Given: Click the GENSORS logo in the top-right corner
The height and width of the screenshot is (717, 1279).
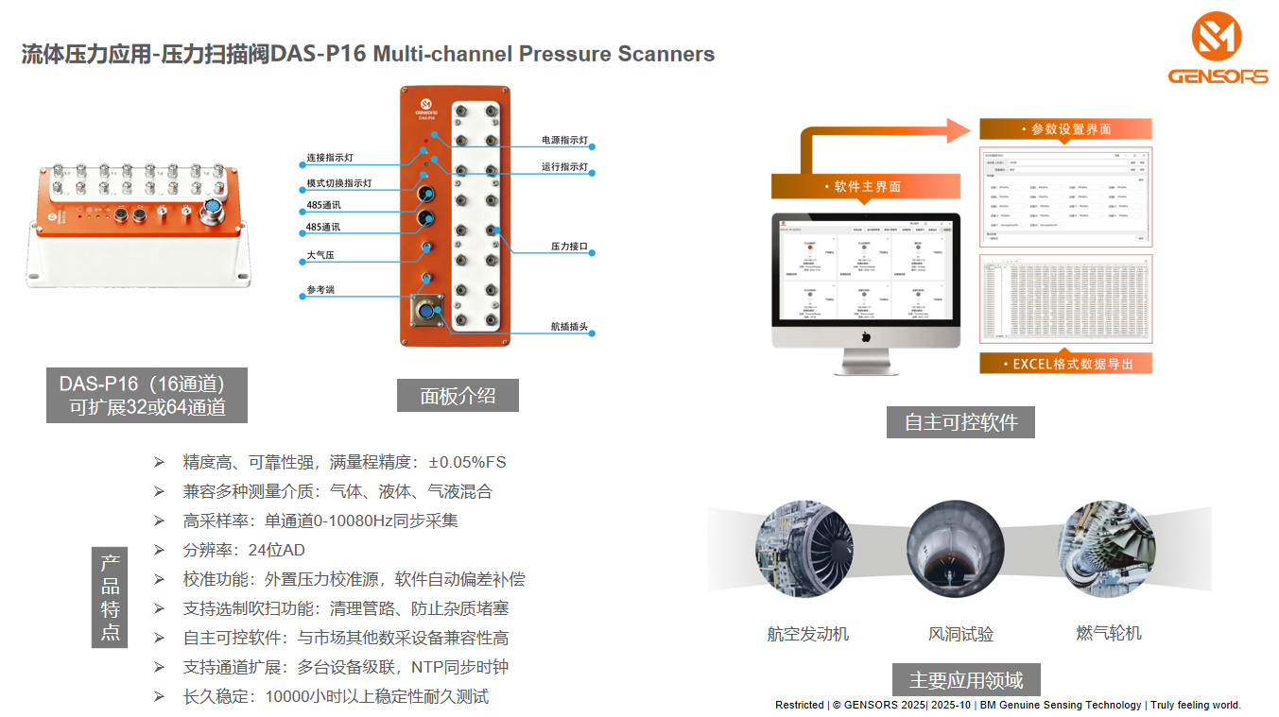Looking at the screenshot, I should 1217,48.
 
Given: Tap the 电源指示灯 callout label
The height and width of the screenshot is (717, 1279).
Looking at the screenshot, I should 564,140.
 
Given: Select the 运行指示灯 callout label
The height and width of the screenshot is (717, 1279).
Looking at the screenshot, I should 564,167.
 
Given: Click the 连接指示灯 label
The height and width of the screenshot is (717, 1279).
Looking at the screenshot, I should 330,158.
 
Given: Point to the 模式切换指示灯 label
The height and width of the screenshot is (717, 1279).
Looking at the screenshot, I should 339,183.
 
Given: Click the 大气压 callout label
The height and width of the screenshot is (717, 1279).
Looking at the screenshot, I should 320,255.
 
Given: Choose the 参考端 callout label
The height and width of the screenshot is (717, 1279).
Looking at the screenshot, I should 320,290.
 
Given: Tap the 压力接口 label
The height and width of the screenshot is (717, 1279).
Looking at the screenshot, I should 569,247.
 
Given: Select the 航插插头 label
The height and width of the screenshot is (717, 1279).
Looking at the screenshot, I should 569,328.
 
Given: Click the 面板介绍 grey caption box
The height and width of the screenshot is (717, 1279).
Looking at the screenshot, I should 458,395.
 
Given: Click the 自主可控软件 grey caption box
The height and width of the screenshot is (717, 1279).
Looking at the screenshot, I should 960,421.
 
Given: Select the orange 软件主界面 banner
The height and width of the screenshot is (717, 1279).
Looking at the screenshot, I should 865,186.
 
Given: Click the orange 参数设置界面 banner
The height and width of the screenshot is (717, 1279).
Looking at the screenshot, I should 1065,129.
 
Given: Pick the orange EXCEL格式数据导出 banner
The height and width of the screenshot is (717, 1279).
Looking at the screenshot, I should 1065,364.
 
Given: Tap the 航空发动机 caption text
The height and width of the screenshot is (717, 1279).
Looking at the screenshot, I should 807,634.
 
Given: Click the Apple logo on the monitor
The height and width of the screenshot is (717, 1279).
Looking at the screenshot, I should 865,336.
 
